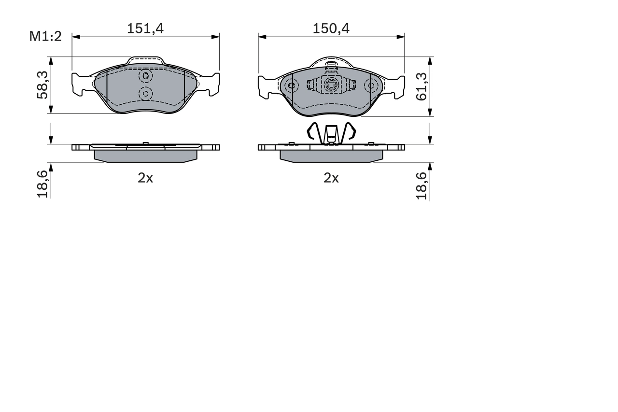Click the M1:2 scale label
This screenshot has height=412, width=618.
point(46,36)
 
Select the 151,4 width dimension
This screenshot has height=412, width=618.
point(145,28)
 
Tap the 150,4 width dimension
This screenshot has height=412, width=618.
point(331,28)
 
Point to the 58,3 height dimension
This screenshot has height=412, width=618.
point(43,85)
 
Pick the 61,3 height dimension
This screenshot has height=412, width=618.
point(421,86)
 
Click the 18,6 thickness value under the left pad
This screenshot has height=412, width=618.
point(43,184)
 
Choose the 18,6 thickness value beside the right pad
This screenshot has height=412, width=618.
point(421,186)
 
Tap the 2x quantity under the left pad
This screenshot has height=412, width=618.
point(145,178)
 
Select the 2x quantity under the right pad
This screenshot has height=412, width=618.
point(331,178)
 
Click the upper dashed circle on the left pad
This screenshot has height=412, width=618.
point(145,76)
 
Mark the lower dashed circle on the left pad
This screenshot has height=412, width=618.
point(145,93)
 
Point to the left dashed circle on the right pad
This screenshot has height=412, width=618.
point(291,86)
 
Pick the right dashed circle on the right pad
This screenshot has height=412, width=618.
point(372,86)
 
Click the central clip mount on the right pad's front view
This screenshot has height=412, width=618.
point(331,85)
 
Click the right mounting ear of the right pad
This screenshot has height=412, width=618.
point(397,86)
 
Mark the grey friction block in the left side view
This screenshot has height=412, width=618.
point(145,156)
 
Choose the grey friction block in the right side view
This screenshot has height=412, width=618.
point(331,156)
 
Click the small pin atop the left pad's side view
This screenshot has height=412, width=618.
point(145,143)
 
